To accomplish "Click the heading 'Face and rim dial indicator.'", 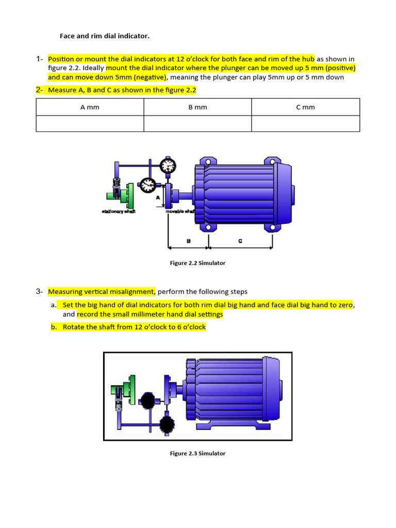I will (x=105, y=36).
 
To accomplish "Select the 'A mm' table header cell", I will (x=90, y=107).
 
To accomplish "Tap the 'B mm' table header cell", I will (x=197, y=107).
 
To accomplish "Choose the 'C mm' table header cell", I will (x=305, y=107).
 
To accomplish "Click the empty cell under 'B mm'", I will (x=197, y=124).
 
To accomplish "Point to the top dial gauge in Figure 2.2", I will (x=168, y=166).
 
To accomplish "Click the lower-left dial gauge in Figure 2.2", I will (x=147, y=184).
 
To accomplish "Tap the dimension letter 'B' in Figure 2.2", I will (x=189, y=241).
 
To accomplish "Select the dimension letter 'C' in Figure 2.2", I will (x=241, y=241).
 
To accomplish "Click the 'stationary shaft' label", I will (x=119, y=212).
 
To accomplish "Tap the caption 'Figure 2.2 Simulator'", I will (x=197, y=263).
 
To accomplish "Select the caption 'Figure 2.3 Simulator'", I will (x=197, y=453).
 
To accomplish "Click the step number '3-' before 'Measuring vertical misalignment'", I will (x=40, y=291).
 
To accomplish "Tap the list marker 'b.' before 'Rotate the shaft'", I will (x=54, y=327).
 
